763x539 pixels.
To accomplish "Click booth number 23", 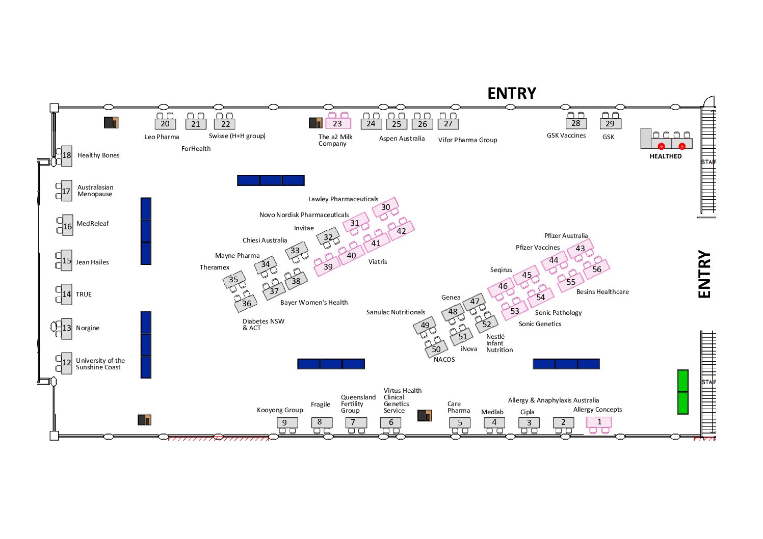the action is point(337,124).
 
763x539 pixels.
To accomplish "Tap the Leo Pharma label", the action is point(162,137).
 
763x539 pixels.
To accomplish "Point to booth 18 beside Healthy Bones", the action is point(67,155).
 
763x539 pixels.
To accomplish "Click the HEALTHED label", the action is point(665,156).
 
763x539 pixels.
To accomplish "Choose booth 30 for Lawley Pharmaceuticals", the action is point(385,207).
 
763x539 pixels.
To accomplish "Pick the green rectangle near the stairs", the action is point(682,392).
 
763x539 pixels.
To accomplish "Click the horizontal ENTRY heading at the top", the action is point(512,93).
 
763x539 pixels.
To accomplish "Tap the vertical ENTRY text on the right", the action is point(704,274).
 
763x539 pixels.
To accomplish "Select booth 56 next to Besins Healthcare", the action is point(596,269).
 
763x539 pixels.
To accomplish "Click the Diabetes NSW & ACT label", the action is point(264,325).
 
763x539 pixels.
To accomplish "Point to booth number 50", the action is point(436,349).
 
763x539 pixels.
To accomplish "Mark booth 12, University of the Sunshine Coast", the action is point(67,363).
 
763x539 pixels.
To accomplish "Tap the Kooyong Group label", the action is point(280,410).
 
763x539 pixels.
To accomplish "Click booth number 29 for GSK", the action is point(610,124).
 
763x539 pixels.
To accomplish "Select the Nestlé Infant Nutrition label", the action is point(499,343).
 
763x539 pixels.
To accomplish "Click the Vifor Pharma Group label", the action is point(468,140).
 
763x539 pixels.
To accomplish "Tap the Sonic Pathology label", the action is point(558,313).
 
